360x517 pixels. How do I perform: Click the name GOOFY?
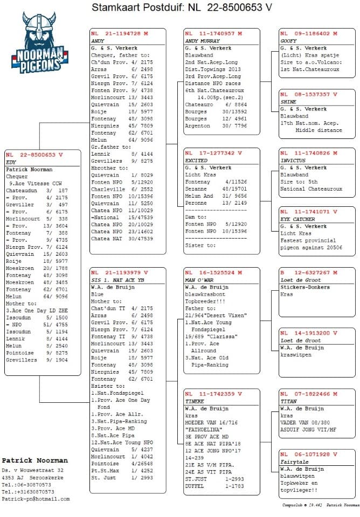(x=289, y=41)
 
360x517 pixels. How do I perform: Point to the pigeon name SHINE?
(x=288, y=102)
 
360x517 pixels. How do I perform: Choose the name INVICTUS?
(x=293, y=160)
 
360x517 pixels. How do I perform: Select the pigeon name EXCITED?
(x=197, y=160)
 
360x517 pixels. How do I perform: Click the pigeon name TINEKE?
(x=195, y=401)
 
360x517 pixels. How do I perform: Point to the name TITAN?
(x=288, y=401)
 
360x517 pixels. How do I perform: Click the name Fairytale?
(x=294, y=462)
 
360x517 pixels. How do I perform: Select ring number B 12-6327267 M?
(x=308, y=273)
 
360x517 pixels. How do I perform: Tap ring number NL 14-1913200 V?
(x=308, y=333)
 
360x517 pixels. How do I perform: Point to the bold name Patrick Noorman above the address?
(x=34, y=461)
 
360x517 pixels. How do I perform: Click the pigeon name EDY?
(x=11, y=162)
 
